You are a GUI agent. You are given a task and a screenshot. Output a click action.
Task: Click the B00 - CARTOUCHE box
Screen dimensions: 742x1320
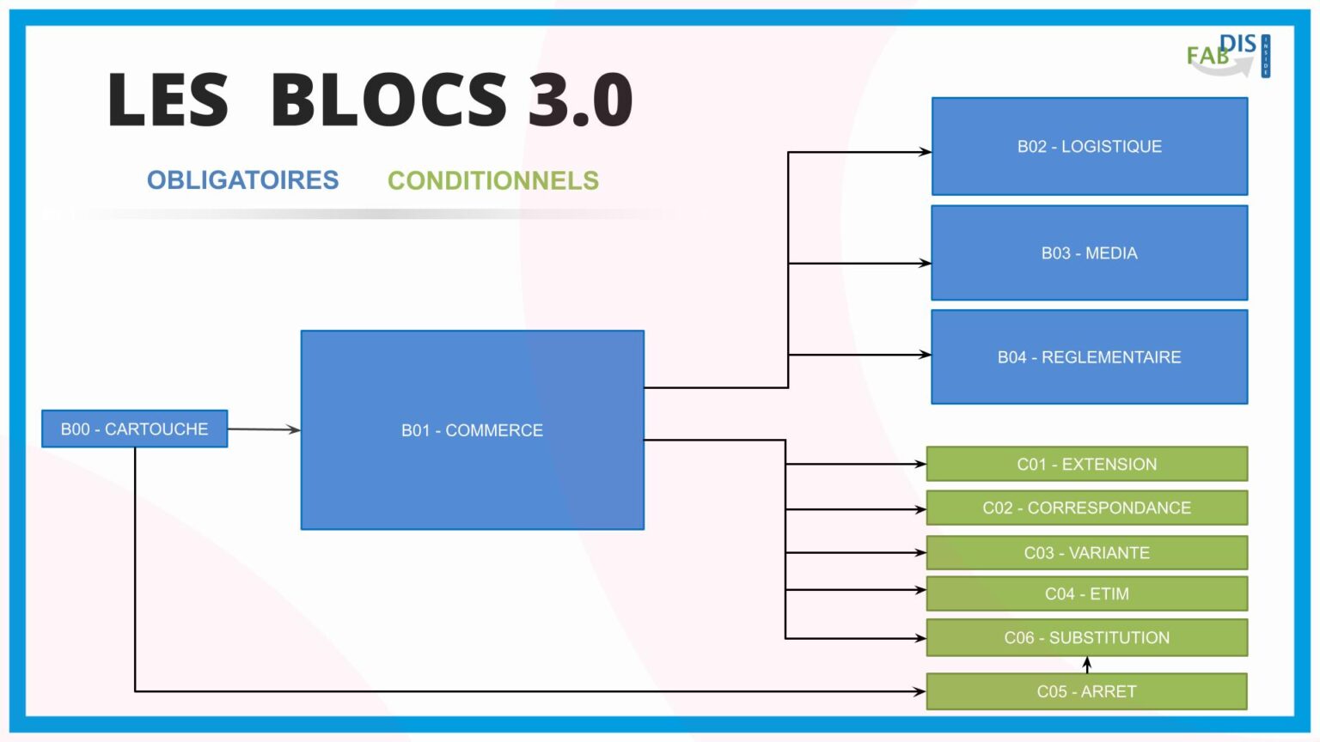[134, 429]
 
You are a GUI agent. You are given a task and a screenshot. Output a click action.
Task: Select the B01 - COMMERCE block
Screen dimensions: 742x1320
[472, 429]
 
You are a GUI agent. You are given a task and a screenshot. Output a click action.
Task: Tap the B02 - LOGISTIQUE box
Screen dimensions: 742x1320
[1089, 146]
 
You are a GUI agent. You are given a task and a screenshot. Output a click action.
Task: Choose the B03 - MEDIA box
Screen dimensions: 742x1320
[1089, 252]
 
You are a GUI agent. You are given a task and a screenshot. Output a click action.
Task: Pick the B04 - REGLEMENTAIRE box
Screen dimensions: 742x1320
[1089, 356]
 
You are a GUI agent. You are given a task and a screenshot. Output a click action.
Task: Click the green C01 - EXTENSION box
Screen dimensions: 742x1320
[1086, 464]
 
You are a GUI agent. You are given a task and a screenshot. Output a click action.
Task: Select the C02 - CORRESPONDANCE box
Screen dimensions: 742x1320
[1086, 508]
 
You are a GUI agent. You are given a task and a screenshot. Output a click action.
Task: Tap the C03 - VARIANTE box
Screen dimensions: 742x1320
[1086, 552]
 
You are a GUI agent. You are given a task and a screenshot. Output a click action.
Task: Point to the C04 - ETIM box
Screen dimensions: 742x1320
[1086, 593]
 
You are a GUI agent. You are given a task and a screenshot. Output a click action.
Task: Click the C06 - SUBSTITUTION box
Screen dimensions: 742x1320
[1086, 637]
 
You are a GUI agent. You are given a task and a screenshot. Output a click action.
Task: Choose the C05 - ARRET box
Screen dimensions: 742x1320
[1086, 691]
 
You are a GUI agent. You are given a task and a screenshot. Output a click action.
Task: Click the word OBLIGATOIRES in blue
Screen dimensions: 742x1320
[242, 180]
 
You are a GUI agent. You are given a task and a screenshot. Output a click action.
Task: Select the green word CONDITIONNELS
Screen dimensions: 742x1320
[492, 180]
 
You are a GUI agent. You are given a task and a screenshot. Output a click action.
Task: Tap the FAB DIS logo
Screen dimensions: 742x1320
[1227, 56]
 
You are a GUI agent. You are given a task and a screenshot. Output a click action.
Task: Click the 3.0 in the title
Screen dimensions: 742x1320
[580, 100]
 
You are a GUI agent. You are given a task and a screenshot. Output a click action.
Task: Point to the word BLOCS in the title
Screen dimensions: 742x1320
[388, 100]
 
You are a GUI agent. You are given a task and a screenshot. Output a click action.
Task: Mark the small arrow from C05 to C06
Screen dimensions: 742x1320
[1087, 665]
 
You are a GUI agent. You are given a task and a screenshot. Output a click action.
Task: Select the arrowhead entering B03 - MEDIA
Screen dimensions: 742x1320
[925, 263]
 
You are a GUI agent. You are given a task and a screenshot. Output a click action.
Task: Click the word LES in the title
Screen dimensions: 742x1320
[168, 100]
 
